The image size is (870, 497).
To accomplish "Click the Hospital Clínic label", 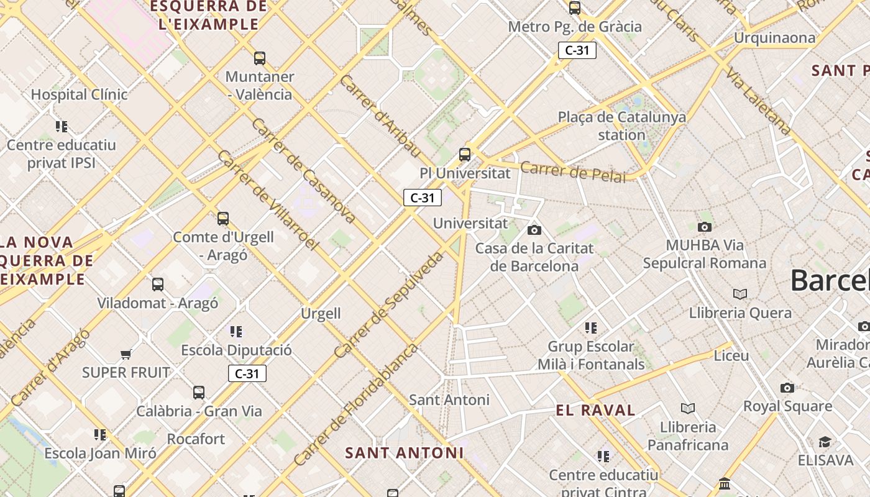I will point(79,94).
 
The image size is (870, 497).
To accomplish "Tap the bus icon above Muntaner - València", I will point(260,58).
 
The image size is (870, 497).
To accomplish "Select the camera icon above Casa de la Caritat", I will point(534,230).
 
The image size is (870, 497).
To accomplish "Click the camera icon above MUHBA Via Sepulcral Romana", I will point(704,227).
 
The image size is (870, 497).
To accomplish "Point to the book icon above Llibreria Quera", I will point(739,294).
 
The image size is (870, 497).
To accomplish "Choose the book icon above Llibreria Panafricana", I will point(687,408).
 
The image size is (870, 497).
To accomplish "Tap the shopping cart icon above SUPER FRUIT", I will point(126,354).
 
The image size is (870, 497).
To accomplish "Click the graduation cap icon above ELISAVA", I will point(825,442).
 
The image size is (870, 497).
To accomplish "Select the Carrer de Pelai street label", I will point(573,172).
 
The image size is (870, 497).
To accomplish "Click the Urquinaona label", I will point(774,38).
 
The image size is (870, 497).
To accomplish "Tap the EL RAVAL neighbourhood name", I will point(595,410).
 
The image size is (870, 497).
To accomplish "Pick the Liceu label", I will point(731,356).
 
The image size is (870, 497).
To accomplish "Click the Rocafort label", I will point(196,439).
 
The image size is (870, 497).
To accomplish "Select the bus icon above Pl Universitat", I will point(464,155).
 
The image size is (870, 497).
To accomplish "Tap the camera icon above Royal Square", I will point(787,388).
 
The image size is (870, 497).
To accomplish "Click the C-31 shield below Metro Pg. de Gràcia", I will point(577,50).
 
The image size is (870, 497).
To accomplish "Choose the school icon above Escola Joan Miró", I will point(100,434).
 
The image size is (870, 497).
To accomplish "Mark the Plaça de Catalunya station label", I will point(621,125).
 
